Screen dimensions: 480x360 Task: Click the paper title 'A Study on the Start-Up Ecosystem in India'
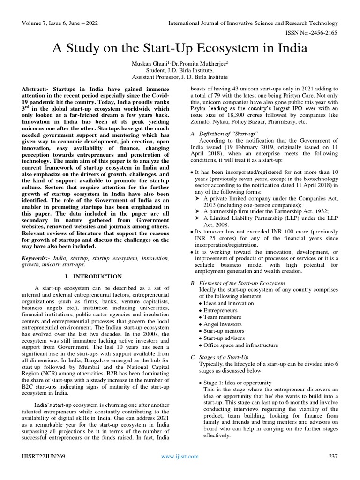[180, 48]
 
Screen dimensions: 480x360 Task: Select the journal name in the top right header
[253, 23]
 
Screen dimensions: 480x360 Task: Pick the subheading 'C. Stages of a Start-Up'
[219, 357]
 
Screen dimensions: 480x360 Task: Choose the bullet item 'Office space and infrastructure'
[240, 345]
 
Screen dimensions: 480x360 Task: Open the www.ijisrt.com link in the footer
[180, 456]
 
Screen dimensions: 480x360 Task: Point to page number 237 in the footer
[333, 456]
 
